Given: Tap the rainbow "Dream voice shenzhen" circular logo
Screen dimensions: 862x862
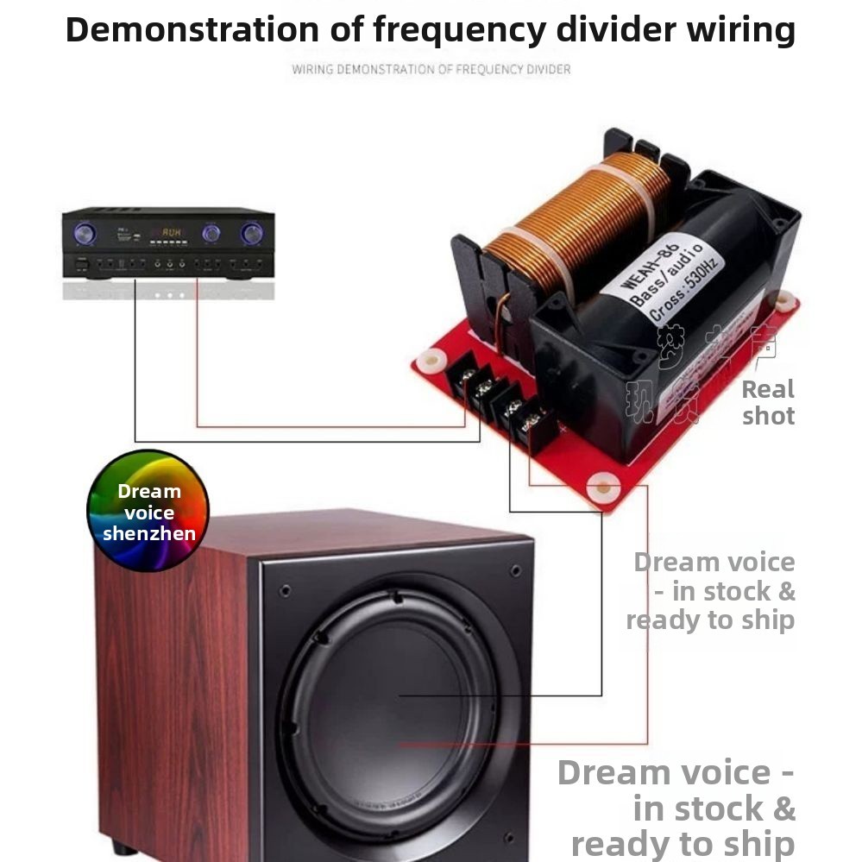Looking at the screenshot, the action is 148,511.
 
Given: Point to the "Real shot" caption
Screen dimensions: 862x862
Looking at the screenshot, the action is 768,402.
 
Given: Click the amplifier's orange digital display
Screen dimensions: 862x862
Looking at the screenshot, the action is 171,233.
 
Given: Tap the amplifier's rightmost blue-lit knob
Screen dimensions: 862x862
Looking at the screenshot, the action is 252,233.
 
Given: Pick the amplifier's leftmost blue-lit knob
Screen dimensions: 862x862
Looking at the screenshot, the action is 85,233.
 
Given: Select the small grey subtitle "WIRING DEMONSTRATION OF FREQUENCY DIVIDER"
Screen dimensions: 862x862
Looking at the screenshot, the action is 431,69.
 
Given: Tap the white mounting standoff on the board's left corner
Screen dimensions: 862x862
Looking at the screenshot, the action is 427,361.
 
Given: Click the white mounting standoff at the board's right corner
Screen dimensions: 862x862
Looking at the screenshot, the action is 783,301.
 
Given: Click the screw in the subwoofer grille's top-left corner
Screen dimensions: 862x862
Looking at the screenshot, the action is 285,591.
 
